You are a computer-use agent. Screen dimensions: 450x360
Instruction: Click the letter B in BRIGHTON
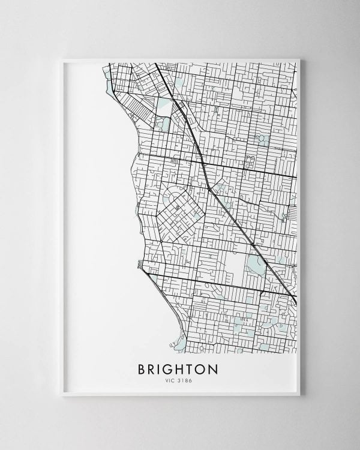point(142,368)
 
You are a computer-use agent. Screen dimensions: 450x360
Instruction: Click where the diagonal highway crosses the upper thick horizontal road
point(202,162)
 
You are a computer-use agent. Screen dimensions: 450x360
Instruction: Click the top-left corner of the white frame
point(62,59)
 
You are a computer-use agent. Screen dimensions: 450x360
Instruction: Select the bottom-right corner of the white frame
point(300,395)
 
